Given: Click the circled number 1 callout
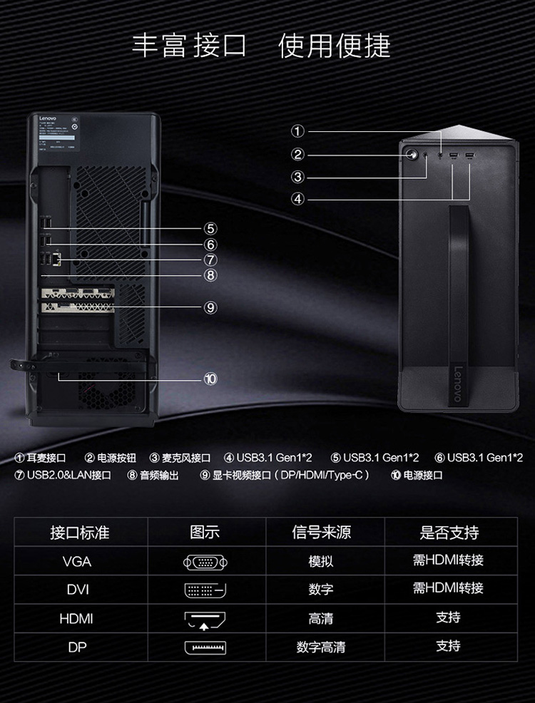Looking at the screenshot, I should [298, 130].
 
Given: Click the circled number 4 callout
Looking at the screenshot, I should [298, 199].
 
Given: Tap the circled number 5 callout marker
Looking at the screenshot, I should [210, 228].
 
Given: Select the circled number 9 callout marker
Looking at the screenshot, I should [210, 307].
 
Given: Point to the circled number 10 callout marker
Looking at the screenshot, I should [210, 379].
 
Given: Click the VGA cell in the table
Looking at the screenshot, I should [76, 561].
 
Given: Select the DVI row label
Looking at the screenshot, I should [76, 590].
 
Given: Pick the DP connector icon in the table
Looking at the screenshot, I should [205, 648].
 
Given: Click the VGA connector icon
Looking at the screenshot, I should [205, 562].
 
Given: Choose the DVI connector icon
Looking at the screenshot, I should [205, 590].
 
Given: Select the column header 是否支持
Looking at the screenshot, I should [449, 533].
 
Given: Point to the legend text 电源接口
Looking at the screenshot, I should [423, 475].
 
